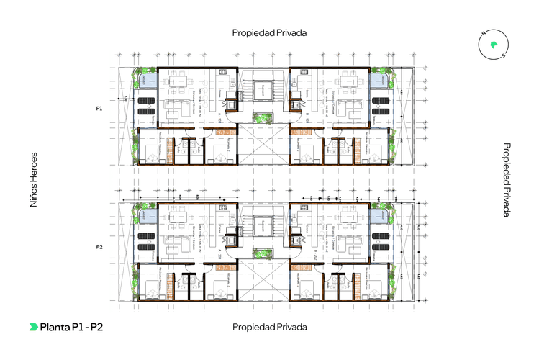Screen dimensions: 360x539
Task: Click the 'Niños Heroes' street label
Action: click(33, 181)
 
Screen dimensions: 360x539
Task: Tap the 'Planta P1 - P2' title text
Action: click(71, 327)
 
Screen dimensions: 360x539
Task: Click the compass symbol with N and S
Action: click(493, 45)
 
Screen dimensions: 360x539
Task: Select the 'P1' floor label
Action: click(99, 108)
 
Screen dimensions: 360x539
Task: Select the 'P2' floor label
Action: click(99, 247)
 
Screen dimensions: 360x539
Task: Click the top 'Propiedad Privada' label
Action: click(269, 33)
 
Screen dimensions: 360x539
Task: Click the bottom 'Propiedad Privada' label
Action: click(269, 327)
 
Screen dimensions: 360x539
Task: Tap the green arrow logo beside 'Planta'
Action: click(34, 327)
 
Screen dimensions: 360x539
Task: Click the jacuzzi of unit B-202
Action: click(378, 217)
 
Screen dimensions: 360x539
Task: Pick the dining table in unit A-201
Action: click(178, 220)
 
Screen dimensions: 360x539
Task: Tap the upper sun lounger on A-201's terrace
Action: click(148, 232)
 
